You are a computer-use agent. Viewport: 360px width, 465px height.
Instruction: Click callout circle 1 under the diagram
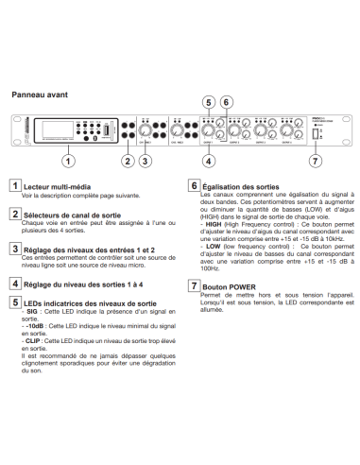click(67, 160)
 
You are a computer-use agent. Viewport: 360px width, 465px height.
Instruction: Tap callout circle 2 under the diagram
click(127, 160)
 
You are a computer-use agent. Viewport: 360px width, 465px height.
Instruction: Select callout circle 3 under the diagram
click(145, 160)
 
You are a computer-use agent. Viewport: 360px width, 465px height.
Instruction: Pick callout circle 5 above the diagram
click(209, 102)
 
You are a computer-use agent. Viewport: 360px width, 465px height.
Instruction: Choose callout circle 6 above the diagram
click(226, 102)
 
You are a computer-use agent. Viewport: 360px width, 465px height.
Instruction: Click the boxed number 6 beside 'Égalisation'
click(194, 186)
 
